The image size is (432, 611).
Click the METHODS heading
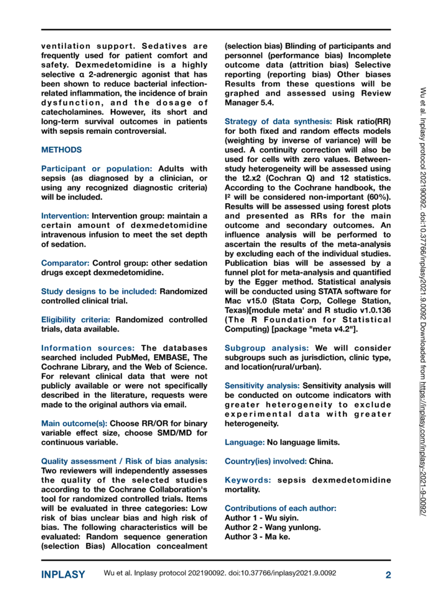coord(61,150)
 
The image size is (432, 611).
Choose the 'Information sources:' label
coord(88,348)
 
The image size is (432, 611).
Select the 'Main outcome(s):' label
coord(74,423)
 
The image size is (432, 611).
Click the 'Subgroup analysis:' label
coord(268,348)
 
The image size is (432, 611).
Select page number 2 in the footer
coord(388,575)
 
